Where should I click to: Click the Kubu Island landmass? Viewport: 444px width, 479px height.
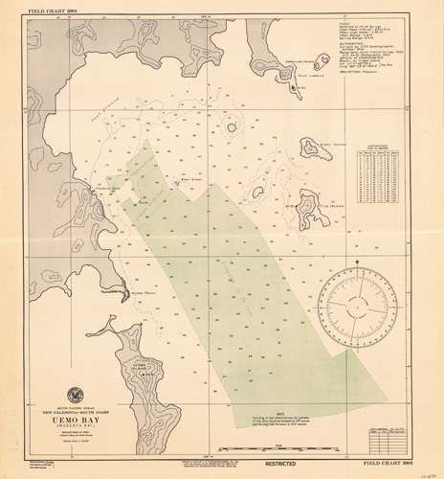point(312,147)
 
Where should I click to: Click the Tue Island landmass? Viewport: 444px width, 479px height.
point(307,203)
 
